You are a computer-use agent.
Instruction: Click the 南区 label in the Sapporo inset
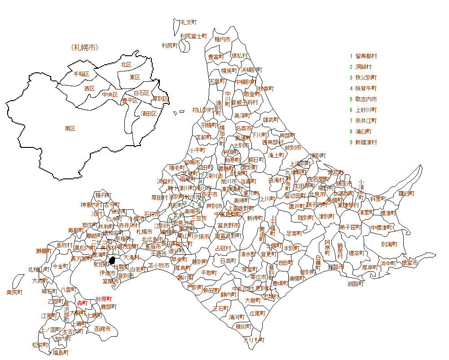coord(70,129)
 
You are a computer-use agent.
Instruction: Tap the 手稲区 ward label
coord(81,74)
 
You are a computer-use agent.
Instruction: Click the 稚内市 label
coord(222,40)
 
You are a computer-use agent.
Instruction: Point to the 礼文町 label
coord(189,22)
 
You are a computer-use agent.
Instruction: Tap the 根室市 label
coord(409,263)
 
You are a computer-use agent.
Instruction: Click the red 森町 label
coord(82,303)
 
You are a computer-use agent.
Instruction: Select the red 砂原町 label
coord(104,299)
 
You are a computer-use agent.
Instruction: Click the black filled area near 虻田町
coord(113,261)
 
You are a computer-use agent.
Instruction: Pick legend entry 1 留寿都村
coord(363,56)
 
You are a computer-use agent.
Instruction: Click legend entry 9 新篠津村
coord(363,142)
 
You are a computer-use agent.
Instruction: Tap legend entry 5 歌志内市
coord(363,99)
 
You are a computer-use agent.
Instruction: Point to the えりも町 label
coord(254,340)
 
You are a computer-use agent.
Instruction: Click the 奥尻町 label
coord(14,293)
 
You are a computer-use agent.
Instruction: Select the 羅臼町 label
coord(406,194)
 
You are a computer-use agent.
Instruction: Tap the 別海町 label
coord(389,244)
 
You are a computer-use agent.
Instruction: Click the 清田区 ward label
coord(149,113)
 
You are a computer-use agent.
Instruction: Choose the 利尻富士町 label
coord(194,36)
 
